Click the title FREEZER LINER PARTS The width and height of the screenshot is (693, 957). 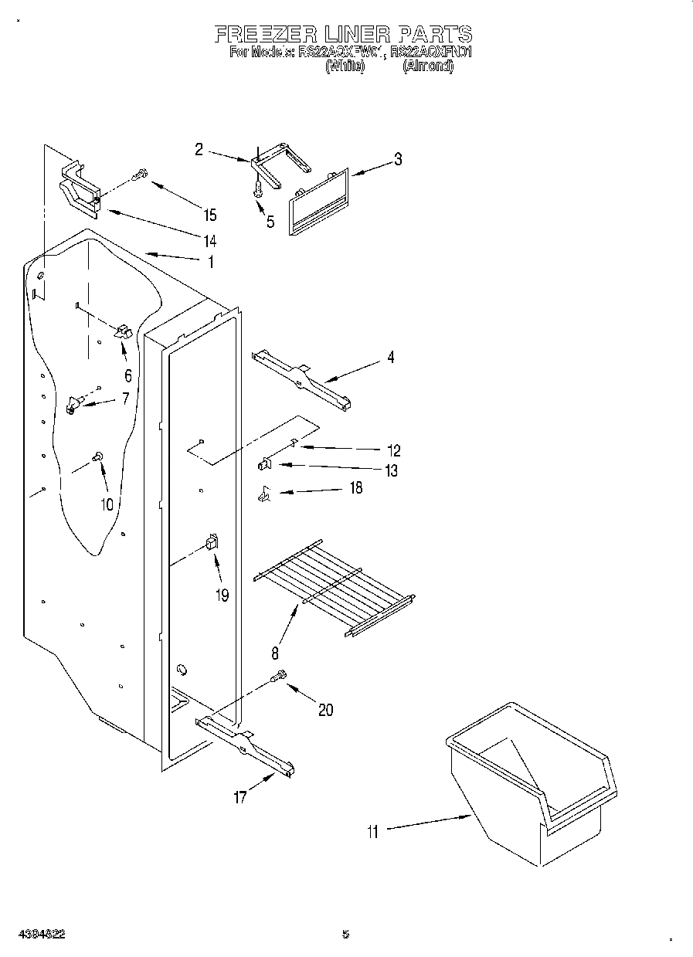(x=343, y=34)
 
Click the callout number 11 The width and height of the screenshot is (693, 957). (x=374, y=832)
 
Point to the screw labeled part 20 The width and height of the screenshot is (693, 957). (x=280, y=677)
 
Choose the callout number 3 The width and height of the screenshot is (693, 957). (x=398, y=160)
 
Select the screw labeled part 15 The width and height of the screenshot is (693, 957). (x=140, y=175)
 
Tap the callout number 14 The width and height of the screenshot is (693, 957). (x=209, y=239)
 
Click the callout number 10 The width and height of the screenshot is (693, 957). (x=106, y=504)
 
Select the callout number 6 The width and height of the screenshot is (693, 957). (x=127, y=376)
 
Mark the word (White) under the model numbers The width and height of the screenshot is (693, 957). (x=345, y=67)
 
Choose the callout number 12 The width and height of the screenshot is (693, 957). (x=393, y=450)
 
